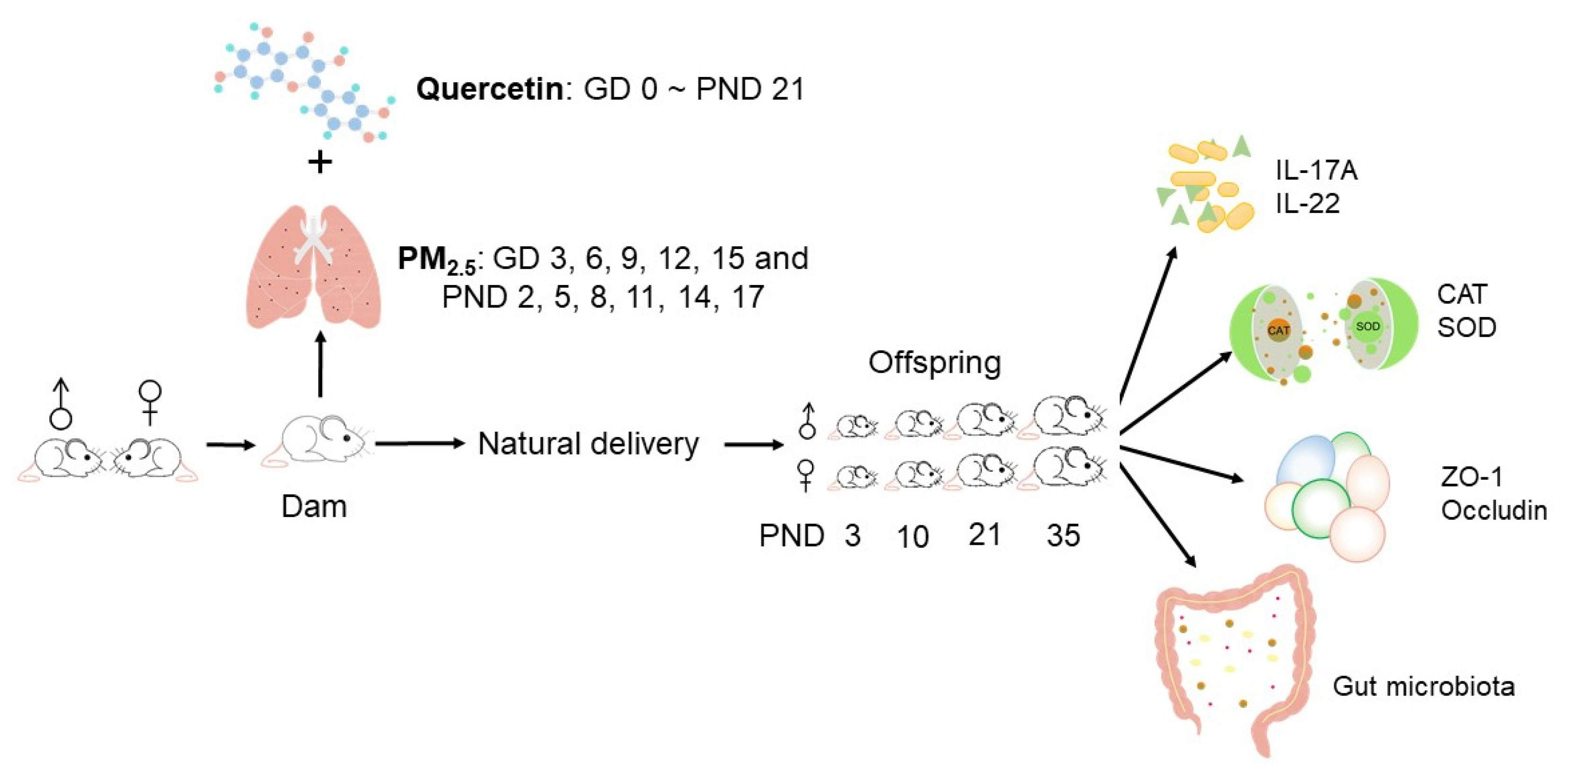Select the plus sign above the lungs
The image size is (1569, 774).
pyautogui.click(x=320, y=163)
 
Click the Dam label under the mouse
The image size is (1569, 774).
pyautogui.click(x=314, y=507)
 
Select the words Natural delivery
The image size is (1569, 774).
pyautogui.click(x=588, y=443)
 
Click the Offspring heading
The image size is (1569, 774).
pyautogui.click(x=934, y=363)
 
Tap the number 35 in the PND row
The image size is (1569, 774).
pyautogui.click(x=1063, y=536)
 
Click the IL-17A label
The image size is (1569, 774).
pyautogui.click(x=1316, y=171)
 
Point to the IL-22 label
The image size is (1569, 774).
pyautogui.click(x=1308, y=203)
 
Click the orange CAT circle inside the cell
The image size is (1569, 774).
pyautogui.click(x=1278, y=331)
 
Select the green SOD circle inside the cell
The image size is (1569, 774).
pyautogui.click(x=1367, y=327)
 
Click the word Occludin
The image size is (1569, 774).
pyautogui.click(x=1493, y=510)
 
